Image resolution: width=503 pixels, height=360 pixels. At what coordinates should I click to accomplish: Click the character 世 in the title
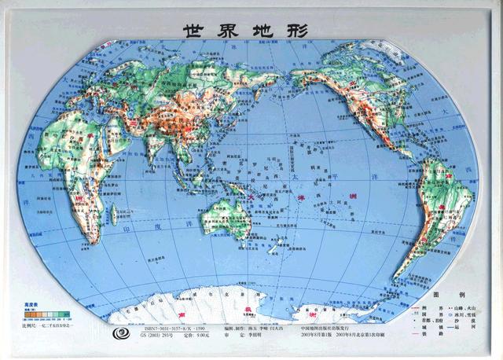194,30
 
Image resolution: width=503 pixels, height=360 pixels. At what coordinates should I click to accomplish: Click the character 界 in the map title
228,30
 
